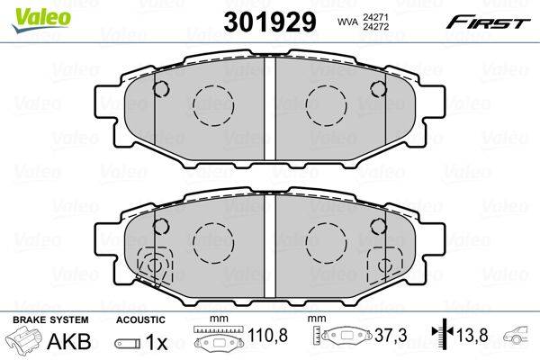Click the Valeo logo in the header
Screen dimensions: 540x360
41,20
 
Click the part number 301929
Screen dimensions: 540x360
270,22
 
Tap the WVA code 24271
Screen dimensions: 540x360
374,16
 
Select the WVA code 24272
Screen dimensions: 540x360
374,26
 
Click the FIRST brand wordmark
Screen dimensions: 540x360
488,23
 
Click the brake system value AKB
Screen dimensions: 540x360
69,341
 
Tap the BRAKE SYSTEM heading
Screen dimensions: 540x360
50,319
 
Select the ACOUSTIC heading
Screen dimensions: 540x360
140,319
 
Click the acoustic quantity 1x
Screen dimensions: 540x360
156,342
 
